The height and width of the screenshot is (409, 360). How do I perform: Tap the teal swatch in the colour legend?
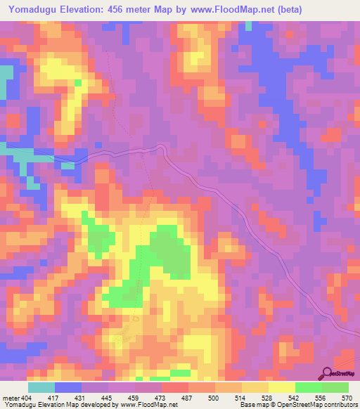[41, 387]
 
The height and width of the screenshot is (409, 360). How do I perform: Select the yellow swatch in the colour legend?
[282, 387]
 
